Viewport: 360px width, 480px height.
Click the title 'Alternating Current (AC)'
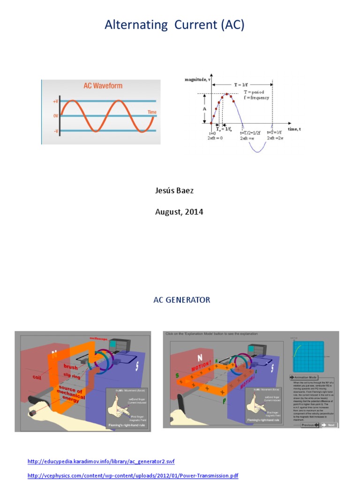[x=174, y=25]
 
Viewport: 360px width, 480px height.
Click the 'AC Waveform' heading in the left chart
[x=103, y=86]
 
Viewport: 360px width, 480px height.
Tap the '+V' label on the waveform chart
[x=55, y=101]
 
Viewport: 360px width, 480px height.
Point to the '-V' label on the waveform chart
[x=55, y=131]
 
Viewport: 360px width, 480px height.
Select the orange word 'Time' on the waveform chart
[x=152, y=112]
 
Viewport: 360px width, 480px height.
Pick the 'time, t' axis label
[x=294, y=128]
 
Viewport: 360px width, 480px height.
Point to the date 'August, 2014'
[x=179, y=212]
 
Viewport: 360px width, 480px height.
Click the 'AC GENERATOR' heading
[x=182, y=300]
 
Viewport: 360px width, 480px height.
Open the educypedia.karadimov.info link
[x=101, y=462]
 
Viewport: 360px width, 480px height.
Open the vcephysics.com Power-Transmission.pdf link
[x=133, y=475]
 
